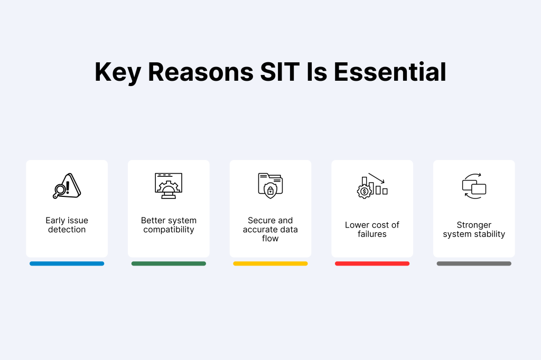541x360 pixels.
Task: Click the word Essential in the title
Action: click(x=390, y=72)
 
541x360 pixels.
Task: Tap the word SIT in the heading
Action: click(x=280, y=72)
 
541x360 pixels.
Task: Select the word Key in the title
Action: click(x=118, y=73)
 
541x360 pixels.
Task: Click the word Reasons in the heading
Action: click(x=201, y=72)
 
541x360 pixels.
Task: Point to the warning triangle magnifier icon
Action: click(x=67, y=186)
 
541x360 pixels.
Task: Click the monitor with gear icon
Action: click(x=169, y=186)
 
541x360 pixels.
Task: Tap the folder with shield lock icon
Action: click(x=270, y=186)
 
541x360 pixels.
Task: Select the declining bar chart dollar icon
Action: click(x=372, y=186)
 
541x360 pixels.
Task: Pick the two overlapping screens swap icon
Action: click(x=474, y=186)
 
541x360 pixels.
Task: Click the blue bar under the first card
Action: click(x=67, y=263)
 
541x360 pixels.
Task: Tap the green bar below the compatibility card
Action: click(x=169, y=263)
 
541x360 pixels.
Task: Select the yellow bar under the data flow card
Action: click(x=270, y=263)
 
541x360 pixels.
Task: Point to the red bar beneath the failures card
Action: click(x=372, y=263)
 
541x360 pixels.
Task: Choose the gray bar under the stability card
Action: click(x=474, y=263)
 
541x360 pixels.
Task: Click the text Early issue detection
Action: click(x=67, y=225)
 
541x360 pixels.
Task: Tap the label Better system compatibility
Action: click(x=169, y=225)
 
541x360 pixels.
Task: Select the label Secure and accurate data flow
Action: click(x=270, y=229)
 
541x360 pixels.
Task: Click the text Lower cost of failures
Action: click(x=372, y=229)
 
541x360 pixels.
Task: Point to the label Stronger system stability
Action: click(x=474, y=230)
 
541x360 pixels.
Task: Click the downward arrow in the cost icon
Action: click(x=376, y=178)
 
